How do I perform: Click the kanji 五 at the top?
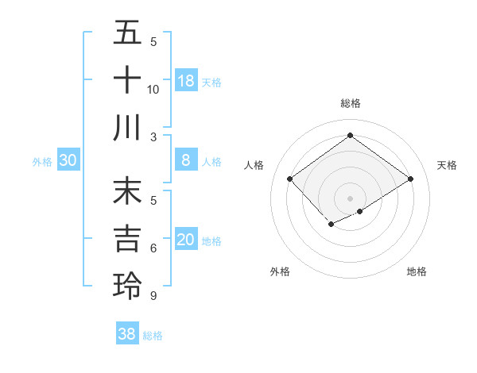click(x=127, y=33)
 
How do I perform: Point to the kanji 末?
click(x=127, y=193)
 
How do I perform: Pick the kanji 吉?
click(x=127, y=239)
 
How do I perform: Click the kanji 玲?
click(x=127, y=285)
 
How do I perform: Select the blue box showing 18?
click(x=186, y=81)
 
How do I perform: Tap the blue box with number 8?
click(x=186, y=161)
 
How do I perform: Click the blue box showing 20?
click(x=186, y=240)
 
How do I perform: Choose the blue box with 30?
click(x=68, y=161)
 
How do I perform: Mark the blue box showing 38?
click(x=127, y=334)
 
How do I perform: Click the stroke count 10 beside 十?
click(x=153, y=90)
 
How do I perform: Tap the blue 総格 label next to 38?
click(x=153, y=336)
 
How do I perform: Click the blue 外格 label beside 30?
click(x=42, y=162)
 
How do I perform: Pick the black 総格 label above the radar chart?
click(x=350, y=103)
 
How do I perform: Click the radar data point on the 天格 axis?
click(x=410, y=179)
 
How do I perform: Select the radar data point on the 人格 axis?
click(x=290, y=179)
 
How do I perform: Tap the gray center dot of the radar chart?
click(x=350, y=198)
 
